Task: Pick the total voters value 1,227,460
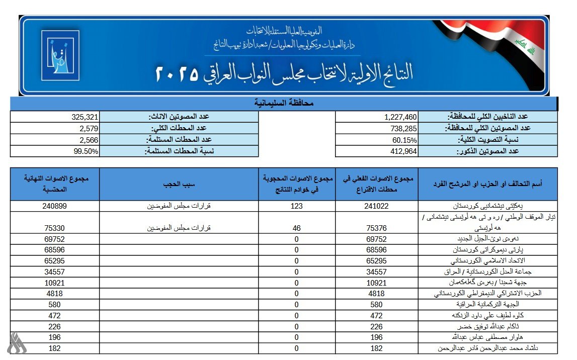[397, 117]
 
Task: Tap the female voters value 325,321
[81, 117]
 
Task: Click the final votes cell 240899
[55, 206]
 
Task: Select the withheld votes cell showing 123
[296, 206]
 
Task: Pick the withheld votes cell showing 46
[296, 227]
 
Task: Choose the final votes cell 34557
[55, 272]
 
